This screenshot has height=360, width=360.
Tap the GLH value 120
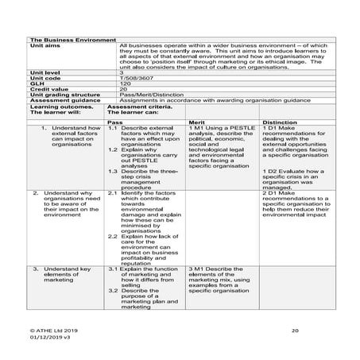coord(124,84)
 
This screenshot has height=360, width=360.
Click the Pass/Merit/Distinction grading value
coord(153,95)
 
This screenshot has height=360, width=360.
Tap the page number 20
coord(295,328)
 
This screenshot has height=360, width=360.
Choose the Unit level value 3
coord(122,73)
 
